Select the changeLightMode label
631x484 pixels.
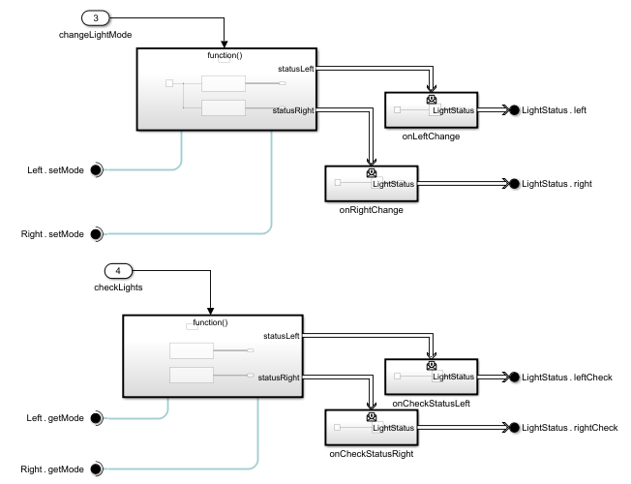[94, 35]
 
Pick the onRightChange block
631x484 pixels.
[371, 183]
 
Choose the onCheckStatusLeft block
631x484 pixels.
[431, 377]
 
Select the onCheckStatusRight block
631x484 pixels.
[371, 427]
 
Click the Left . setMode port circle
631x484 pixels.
[96, 170]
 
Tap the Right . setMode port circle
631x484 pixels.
[96, 234]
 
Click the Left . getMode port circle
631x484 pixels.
[96, 418]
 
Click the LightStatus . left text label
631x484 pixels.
[554, 110]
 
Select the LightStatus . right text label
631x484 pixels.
[556, 183]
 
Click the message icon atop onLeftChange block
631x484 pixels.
[431, 98]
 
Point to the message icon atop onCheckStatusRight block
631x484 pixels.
[371, 415]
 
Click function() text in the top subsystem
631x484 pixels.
[225, 56]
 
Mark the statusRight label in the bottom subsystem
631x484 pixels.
[279, 376]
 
